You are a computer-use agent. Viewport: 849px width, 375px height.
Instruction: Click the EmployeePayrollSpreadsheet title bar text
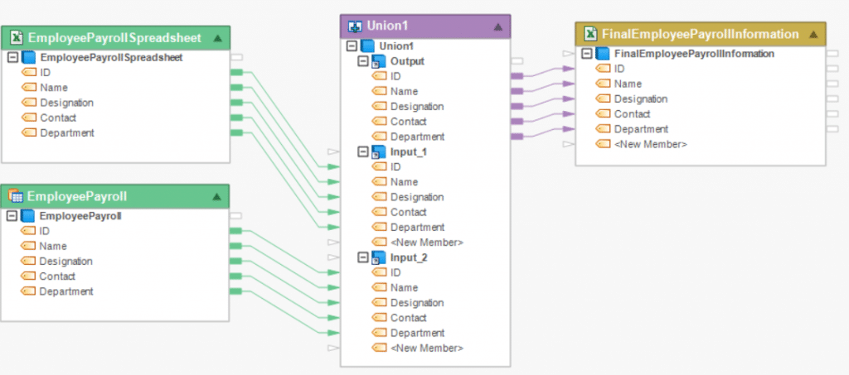[x=115, y=37]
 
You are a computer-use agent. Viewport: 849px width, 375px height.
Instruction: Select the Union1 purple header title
[x=380, y=26]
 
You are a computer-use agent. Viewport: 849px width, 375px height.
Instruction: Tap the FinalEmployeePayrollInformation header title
[x=701, y=34]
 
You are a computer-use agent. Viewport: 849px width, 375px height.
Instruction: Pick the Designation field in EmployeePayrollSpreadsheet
[x=66, y=103]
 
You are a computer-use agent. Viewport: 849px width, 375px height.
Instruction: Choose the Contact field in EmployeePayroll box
[x=57, y=276]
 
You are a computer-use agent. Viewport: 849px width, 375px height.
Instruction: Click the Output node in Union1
[x=407, y=61]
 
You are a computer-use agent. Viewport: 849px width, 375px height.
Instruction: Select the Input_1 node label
[x=409, y=151]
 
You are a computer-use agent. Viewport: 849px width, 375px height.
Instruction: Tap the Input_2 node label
[x=409, y=257]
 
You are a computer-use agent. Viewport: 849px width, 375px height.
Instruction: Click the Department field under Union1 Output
[x=417, y=137]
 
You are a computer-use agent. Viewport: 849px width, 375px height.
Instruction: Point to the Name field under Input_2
[x=404, y=288]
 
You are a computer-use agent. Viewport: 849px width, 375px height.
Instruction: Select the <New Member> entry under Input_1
[x=426, y=243]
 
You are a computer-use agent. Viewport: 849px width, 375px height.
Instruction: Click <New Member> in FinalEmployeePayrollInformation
[x=650, y=144]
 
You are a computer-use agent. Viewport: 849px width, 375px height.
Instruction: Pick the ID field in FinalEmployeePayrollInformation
[x=619, y=69]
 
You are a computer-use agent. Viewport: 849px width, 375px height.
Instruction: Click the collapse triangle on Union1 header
[x=498, y=26]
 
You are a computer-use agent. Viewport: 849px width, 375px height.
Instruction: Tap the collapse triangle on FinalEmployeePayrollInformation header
[x=813, y=34]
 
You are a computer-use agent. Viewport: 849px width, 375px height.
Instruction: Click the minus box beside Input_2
[x=362, y=257]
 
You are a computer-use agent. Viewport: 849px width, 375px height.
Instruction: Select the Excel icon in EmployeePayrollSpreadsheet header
[x=15, y=37]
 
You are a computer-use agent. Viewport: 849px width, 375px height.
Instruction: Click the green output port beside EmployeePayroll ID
[x=235, y=231]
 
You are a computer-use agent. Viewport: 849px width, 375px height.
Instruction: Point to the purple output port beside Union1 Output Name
[x=517, y=91]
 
